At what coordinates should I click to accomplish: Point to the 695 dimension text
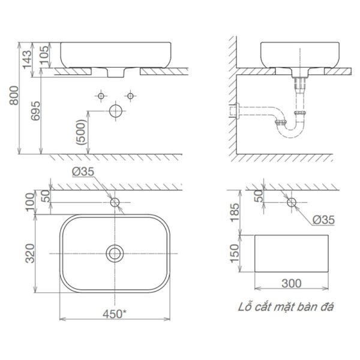point(35,112)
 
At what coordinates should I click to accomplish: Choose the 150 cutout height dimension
point(235,252)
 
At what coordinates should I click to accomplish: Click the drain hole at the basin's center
point(115,253)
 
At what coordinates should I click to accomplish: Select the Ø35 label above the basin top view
point(83,172)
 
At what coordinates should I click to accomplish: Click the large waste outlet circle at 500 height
point(116,111)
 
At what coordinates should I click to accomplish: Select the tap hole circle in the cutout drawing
point(292,202)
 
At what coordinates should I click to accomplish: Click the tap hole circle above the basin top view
point(115,202)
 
